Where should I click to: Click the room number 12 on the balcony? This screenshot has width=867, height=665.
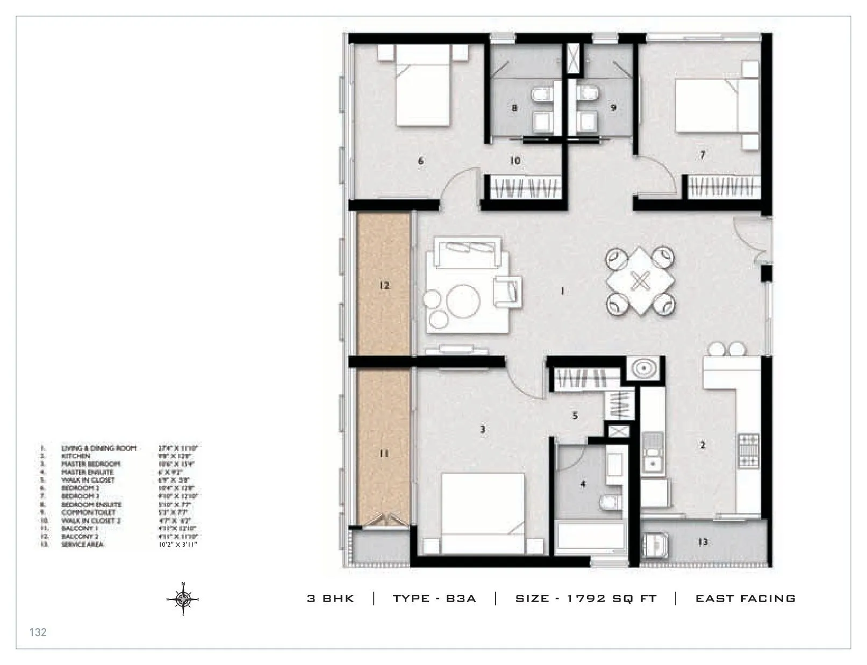[x=384, y=286]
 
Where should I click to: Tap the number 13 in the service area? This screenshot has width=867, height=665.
[x=703, y=543]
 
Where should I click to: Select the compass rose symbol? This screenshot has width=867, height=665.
[x=183, y=598]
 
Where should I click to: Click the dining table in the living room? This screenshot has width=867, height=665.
[x=640, y=281]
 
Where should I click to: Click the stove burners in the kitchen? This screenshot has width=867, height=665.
[x=749, y=451]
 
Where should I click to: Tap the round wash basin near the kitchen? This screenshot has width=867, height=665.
[x=644, y=369]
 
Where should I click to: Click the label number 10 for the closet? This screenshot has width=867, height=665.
[x=515, y=161]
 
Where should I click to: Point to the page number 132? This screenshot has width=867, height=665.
[x=38, y=632]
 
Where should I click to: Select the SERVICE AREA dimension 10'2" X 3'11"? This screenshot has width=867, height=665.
[x=175, y=545]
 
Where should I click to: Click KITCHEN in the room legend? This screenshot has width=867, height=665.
[x=76, y=456]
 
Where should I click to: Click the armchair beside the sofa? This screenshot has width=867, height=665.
[x=507, y=291]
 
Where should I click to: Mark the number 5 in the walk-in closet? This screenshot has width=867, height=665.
[x=575, y=416]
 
